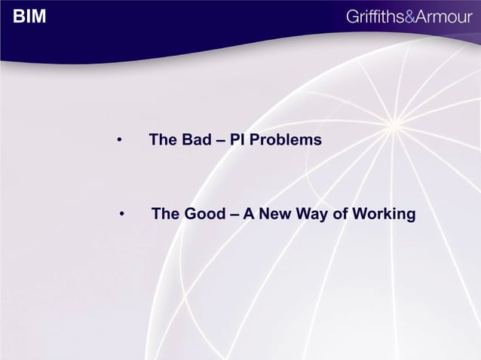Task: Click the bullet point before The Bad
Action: coord(119,141)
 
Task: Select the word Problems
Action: coord(289,140)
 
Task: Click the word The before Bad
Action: coord(164,140)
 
